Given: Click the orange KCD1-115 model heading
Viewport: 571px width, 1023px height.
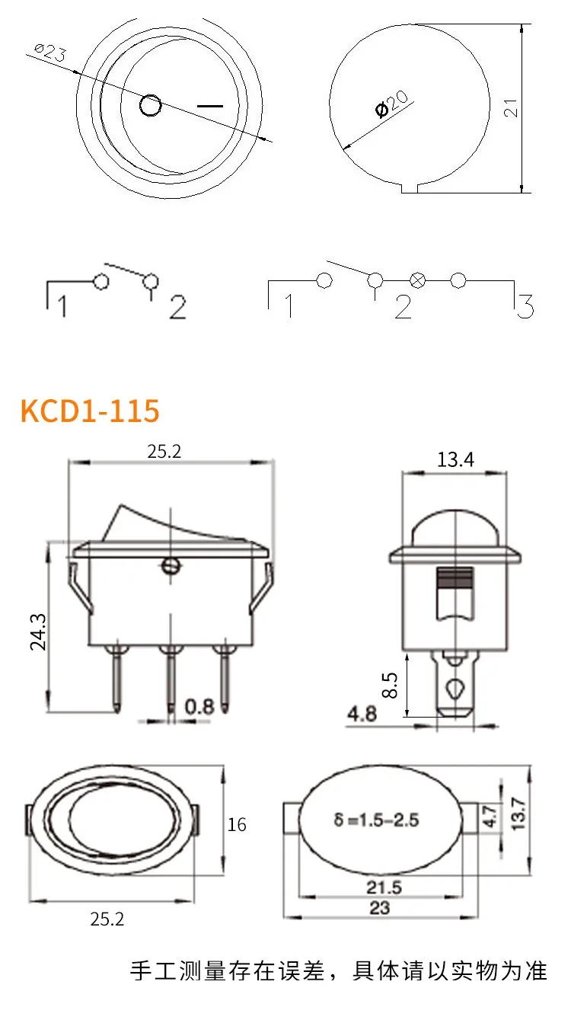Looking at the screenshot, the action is tap(90, 410).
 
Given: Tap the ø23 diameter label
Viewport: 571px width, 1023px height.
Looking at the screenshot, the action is tap(50, 53).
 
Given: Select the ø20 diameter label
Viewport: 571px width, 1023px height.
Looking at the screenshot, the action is tap(391, 104).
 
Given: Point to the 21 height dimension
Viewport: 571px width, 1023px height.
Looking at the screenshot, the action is tap(511, 107).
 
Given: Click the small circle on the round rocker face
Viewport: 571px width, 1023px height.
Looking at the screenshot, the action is tap(150, 105).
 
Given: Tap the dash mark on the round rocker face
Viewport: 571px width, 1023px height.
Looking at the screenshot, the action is tap(210, 107).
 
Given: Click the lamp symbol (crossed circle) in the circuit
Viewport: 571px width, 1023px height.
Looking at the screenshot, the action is tap(416, 280).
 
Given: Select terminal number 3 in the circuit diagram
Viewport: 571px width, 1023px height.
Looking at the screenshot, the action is tap(525, 305).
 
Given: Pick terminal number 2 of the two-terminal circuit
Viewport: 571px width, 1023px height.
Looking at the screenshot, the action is tap(178, 306).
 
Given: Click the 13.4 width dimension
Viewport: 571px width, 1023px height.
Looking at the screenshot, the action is tap(455, 459).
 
